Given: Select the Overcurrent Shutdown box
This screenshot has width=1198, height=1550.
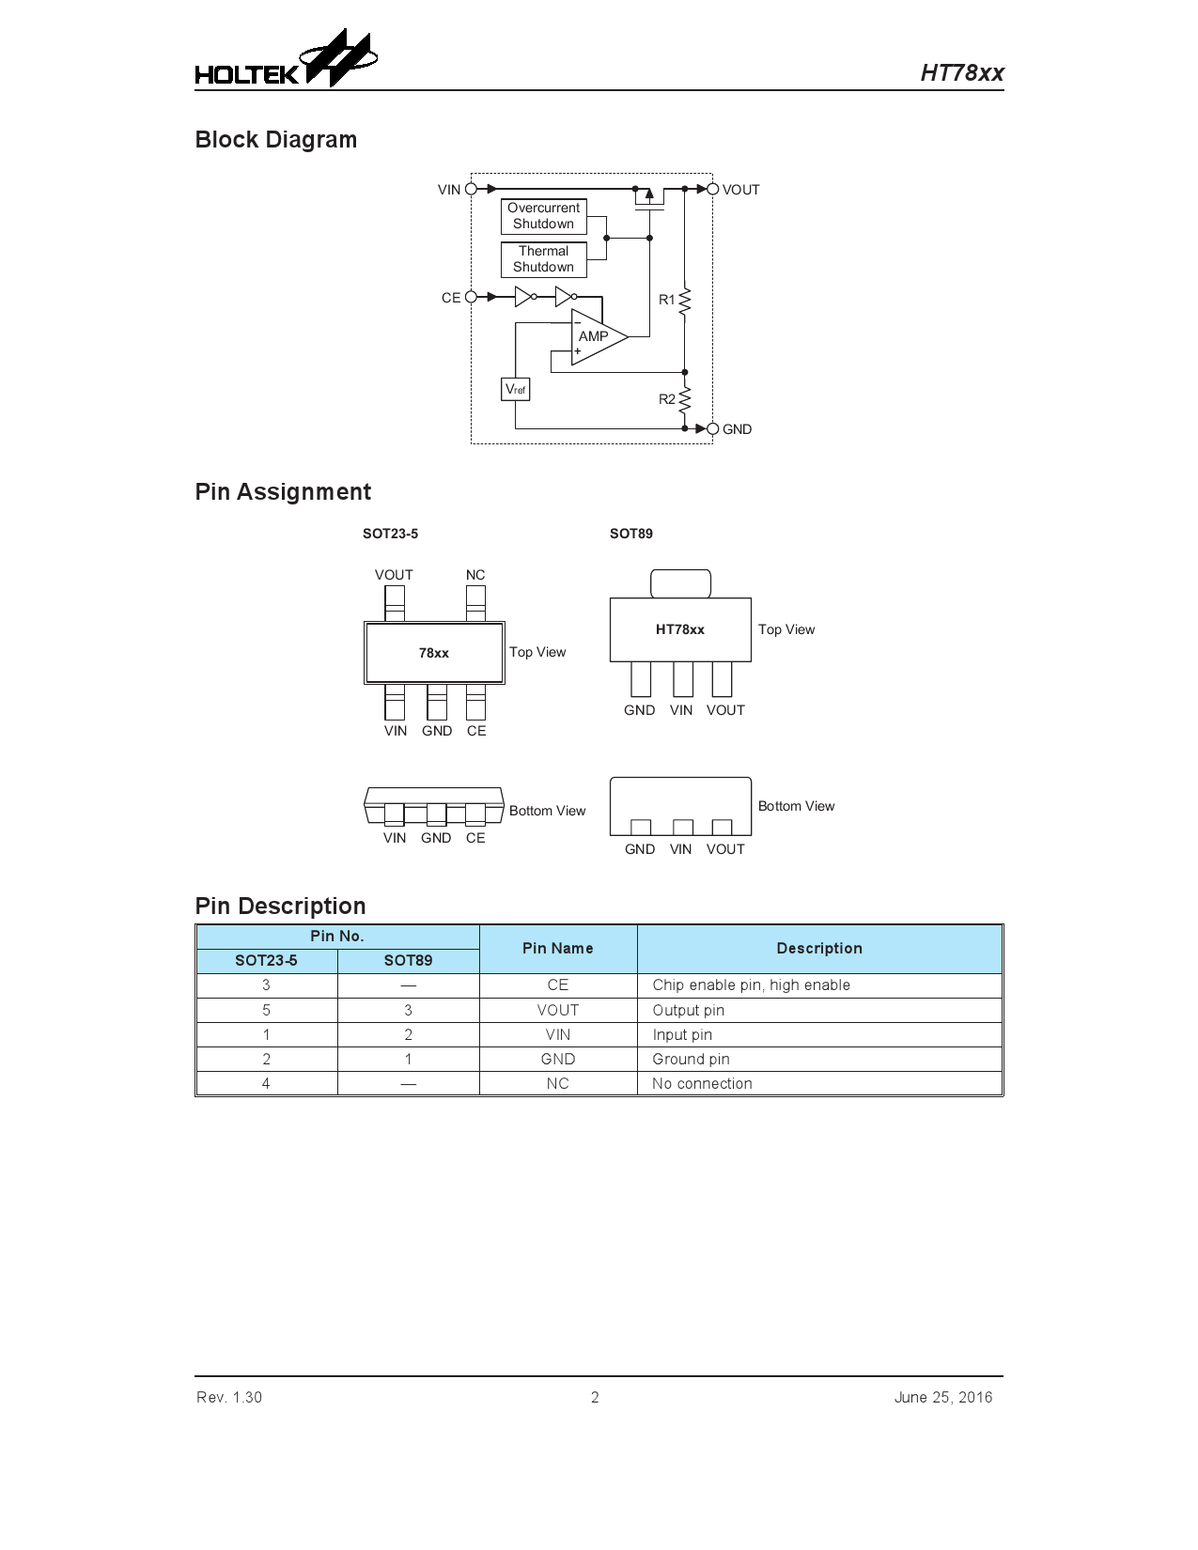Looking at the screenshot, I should (x=543, y=216).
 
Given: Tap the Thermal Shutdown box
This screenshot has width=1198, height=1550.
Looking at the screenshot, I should (x=543, y=259).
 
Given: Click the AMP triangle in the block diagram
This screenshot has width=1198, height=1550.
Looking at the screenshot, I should (x=596, y=336).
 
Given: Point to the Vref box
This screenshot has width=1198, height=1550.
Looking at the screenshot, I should (x=515, y=388).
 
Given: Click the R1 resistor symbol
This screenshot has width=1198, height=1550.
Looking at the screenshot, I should (x=684, y=300).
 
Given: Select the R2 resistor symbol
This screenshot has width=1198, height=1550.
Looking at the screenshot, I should (x=684, y=399).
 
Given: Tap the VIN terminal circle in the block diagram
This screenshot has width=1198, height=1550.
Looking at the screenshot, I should (x=471, y=189).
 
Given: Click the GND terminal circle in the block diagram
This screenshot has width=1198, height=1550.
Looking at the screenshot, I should (x=712, y=428).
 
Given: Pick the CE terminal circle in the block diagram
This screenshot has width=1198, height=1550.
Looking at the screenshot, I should (x=471, y=297).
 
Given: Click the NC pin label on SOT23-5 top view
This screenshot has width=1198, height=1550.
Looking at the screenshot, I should (x=475, y=575).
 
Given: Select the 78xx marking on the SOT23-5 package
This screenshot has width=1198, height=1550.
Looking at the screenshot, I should (x=434, y=653).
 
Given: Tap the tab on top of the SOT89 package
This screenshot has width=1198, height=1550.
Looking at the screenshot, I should (x=680, y=582).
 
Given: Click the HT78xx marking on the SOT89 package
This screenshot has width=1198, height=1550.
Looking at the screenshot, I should (x=680, y=629).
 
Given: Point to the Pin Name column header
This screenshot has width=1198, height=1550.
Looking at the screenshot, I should (x=557, y=949).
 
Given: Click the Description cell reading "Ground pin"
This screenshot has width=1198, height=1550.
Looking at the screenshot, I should (x=691, y=1059).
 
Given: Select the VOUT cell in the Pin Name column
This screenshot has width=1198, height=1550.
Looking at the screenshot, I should (x=557, y=1010).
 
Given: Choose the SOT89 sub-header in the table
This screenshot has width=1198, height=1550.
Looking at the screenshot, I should (x=408, y=960).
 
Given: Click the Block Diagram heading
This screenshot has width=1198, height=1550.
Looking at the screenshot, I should (x=276, y=140).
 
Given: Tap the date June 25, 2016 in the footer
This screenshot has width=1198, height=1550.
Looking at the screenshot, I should (x=942, y=1397).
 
